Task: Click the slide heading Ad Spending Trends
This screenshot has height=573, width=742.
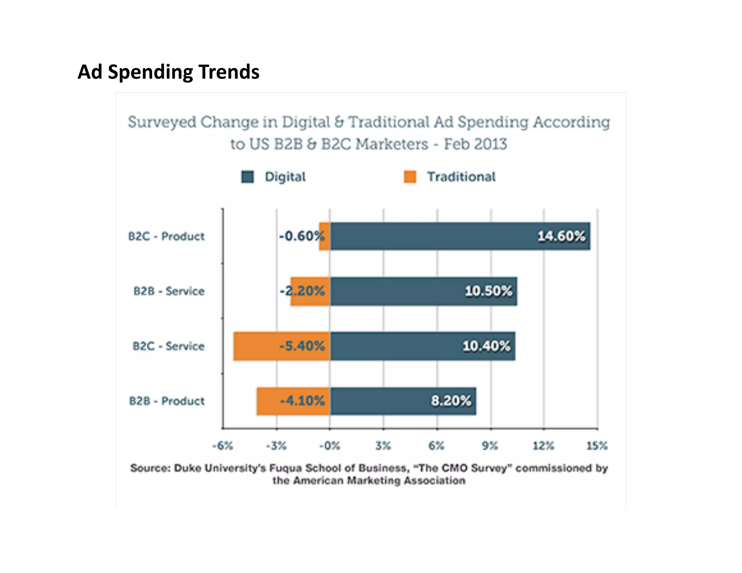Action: pos(168,72)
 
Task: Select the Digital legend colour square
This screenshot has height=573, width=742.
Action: pos(248,177)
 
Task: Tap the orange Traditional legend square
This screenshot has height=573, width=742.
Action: pos(410,177)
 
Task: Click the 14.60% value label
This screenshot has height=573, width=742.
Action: pos(561,236)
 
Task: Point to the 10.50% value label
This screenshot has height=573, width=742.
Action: pos(488,291)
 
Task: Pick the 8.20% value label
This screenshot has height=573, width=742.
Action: pos(451,401)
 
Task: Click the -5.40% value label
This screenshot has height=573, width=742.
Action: pos(302,346)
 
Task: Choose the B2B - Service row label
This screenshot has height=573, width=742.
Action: pos(169,291)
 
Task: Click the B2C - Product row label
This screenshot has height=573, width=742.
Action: pos(166,236)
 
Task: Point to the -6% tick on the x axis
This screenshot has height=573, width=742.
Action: pos(222,445)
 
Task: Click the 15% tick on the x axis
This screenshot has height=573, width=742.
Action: pos(597,445)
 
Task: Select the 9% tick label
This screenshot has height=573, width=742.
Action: pos(490,445)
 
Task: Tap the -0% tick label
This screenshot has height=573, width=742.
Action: pos(329,445)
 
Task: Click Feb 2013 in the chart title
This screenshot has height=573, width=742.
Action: pos(475,144)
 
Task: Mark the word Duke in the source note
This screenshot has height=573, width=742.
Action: pos(187,468)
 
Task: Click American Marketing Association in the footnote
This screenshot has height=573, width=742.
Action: pos(379,481)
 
